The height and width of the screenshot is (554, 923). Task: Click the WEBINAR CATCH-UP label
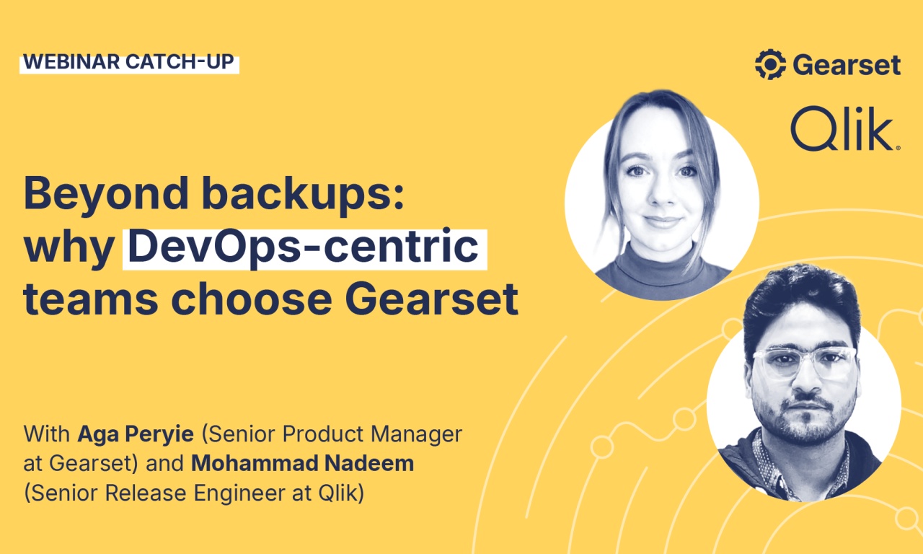[x=129, y=62]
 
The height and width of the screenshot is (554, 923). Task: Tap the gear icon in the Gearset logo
[x=770, y=64]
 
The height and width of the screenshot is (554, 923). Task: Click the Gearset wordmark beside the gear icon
[x=847, y=65]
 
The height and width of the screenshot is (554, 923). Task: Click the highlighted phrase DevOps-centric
[x=304, y=248]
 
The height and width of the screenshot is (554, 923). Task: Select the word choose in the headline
[x=260, y=299]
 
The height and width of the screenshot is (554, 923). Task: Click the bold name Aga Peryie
[x=136, y=434]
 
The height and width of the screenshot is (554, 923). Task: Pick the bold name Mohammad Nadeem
[x=302, y=463]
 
